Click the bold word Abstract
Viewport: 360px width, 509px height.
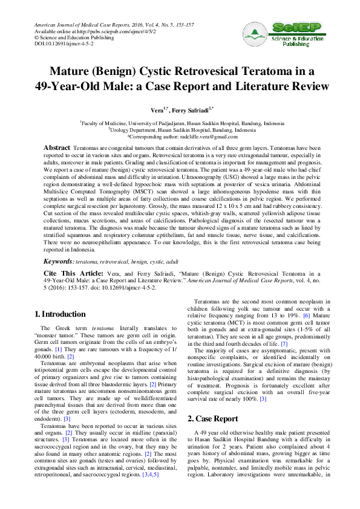click(x=57, y=148)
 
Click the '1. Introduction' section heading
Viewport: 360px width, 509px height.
click(x=59, y=314)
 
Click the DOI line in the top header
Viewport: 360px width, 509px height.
click(x=55, y=44)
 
